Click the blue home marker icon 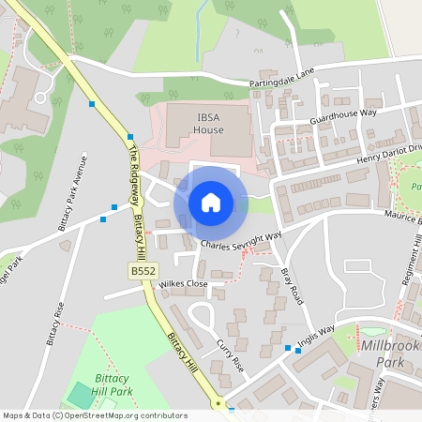(211, 203)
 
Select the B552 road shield (143, 271)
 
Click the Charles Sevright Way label (241, 242)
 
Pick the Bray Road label (293, 285)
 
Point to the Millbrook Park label (389, 354)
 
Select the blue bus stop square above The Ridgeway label (129, 137)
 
